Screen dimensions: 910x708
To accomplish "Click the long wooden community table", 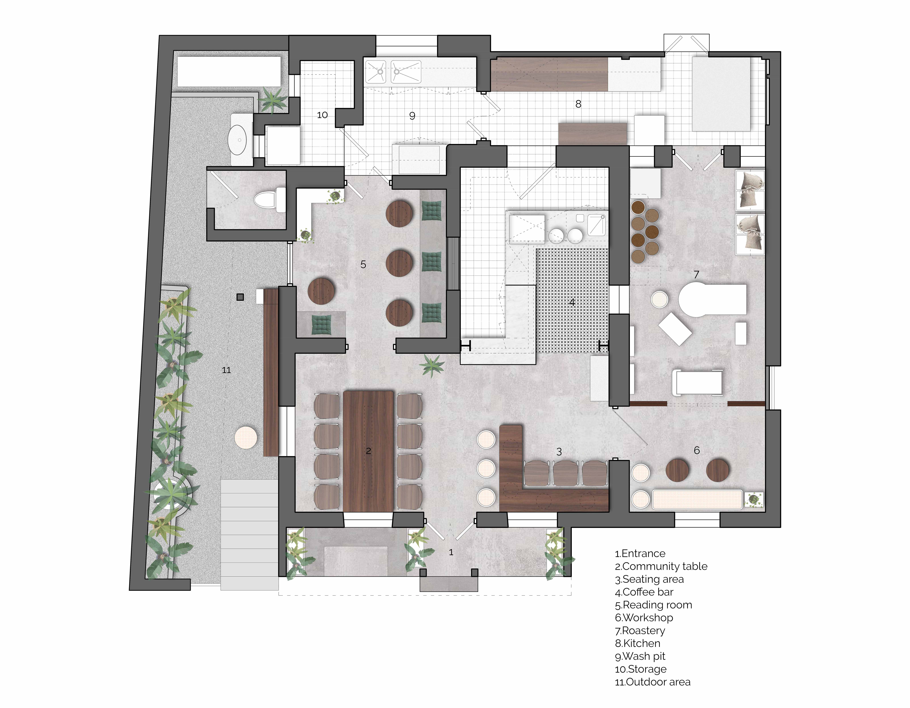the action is [x=368, y=451].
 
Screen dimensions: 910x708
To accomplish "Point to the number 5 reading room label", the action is [x=363, y=264].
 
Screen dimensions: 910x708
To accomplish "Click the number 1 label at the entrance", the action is [x=451, y=552].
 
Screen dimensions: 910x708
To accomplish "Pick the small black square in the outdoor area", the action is [x=240, y=297].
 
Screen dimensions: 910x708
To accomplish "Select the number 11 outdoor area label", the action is [x=226, y=370].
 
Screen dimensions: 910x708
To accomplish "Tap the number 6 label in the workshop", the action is [x=697, y=450].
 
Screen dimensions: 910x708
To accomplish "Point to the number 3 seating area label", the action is [x=559, y=452].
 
